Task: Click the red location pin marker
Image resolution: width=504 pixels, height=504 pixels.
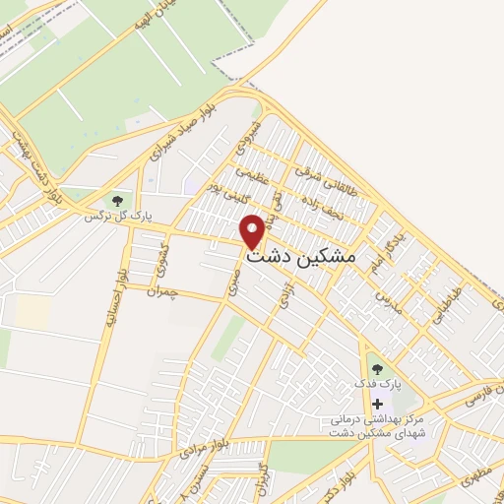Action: coord(253,230)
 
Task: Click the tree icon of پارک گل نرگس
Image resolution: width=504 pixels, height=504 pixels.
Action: coord(119,201)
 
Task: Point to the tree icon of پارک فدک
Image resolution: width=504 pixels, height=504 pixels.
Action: coord(377,369)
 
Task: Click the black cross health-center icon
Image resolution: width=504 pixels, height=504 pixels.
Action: coord(377,405)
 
